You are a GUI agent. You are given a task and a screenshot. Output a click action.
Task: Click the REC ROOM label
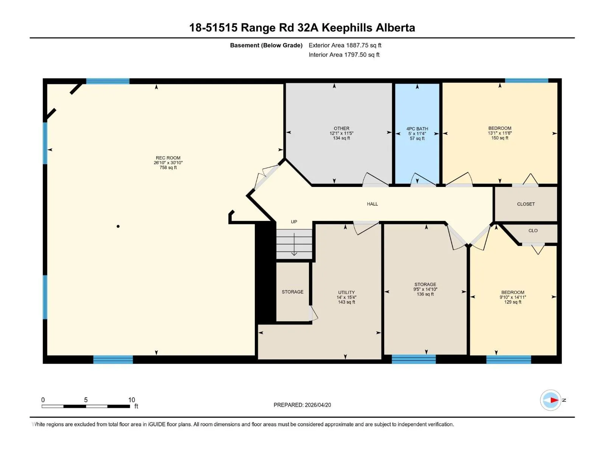(168, 158)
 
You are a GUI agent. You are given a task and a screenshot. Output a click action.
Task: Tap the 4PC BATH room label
(417, 129)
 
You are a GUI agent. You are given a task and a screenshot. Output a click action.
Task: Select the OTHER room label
(341, 129)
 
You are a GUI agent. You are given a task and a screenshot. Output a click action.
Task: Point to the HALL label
(372, 204)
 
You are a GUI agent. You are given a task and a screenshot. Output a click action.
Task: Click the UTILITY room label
(346, 292)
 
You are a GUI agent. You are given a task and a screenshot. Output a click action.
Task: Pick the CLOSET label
(526, 204)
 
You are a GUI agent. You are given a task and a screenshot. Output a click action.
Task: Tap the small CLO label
(533, 231)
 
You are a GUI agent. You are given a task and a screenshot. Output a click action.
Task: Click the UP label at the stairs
(294, 222)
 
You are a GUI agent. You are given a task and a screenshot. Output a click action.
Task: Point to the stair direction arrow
(294, 244)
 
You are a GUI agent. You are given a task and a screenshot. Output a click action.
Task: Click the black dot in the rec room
(118, 226)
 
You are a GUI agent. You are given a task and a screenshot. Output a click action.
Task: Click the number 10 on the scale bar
(132, 400)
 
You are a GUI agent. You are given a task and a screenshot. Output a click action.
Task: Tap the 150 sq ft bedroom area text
(500, 138)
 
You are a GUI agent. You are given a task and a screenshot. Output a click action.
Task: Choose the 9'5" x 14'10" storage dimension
(425, 289)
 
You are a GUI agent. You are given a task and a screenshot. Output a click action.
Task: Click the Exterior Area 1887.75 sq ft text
(345, 45)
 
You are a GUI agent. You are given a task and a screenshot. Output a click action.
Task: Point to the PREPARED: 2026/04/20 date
(302, 405)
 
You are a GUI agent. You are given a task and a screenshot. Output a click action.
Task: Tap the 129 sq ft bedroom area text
(512, 302)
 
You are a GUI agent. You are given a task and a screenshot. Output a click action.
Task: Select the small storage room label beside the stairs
(292, 292)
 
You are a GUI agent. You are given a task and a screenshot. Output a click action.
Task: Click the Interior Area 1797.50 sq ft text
(344, 55)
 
